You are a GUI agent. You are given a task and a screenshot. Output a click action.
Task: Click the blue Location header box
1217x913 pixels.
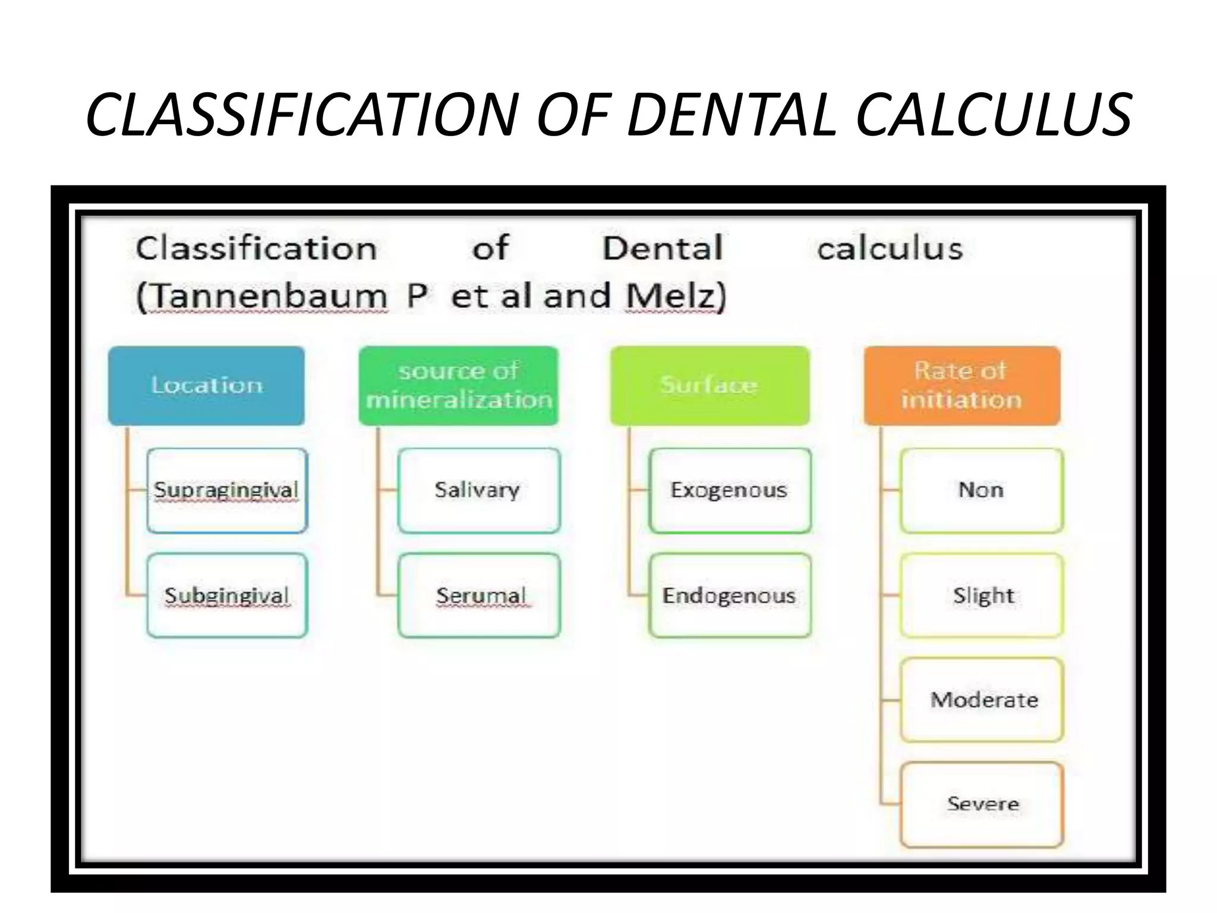coord(206,385)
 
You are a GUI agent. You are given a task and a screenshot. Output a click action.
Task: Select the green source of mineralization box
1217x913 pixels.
coord(459,385)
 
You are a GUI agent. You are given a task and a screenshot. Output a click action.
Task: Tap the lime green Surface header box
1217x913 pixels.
coord(710,385)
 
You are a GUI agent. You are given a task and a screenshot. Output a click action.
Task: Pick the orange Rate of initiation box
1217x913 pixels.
coord(961,385)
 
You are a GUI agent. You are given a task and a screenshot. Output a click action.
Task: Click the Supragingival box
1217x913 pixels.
coord(227,490)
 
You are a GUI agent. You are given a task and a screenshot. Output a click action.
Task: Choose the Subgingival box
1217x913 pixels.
coord(227,596)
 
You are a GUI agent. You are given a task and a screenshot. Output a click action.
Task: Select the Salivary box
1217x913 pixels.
coord(478,490)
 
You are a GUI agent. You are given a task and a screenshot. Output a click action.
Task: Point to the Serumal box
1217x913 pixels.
coord(478,596)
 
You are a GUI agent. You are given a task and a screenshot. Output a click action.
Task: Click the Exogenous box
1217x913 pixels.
coord(730,490)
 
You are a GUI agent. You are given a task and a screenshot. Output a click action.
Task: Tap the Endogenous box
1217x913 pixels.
coord(730,596)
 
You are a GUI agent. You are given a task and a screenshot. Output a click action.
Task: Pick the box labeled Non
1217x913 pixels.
coord(981,490)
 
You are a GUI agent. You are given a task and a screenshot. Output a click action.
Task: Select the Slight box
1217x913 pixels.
coord(981,596)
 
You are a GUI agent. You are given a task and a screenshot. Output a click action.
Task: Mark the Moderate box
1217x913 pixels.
coord(981,700)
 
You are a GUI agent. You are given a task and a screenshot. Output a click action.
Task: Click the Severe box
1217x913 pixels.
coord(981,804)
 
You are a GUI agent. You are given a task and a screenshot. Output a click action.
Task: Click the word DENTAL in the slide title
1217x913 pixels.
coord(732,115)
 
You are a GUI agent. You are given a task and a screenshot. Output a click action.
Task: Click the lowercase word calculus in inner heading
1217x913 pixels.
coord(890,248)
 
